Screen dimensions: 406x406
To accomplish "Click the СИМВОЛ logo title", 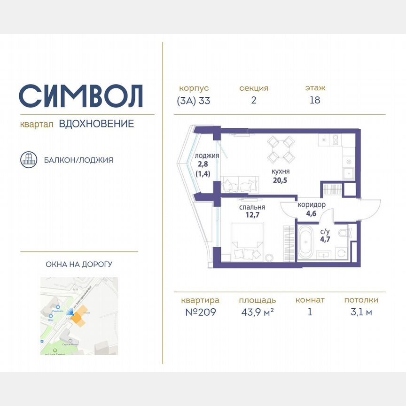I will tap(81, 96).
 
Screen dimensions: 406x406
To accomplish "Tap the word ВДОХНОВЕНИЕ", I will tap(96, 124).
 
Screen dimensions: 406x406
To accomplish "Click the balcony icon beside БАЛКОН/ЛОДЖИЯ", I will tap(29, 160).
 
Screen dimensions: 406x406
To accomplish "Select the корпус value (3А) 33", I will tap(194, 100).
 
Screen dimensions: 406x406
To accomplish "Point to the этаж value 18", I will tap(315, 100).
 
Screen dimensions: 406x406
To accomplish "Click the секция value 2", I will tap(254, 100).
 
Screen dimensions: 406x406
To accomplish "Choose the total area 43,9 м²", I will tap(257, 312).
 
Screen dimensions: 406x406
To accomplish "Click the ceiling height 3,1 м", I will tap(361, 312).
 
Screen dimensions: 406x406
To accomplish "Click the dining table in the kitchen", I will tap(281, 149).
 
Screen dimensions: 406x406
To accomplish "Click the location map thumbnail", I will tap(79, 316).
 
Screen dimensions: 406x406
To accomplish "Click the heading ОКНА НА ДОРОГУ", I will tap(79, 265).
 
